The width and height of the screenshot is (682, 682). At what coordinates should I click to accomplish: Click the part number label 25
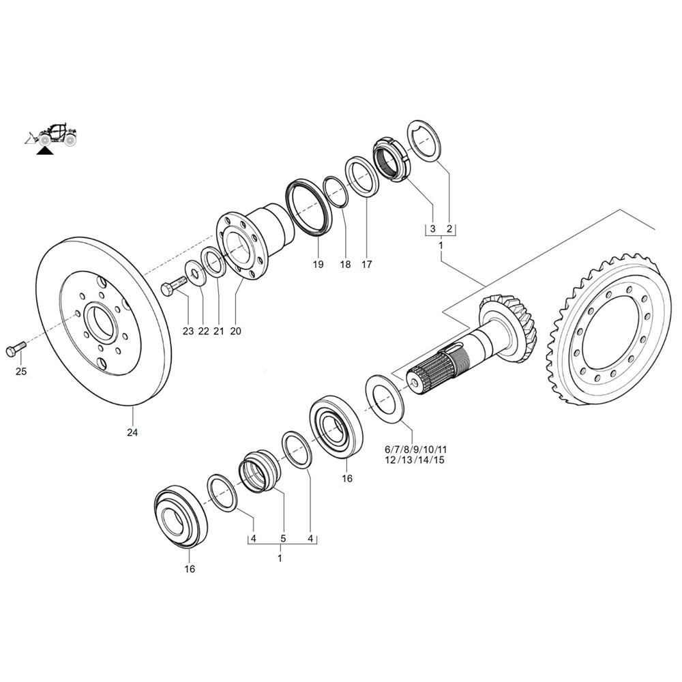tap(21, 372)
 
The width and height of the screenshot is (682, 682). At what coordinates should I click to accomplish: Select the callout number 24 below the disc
tap(132, 432)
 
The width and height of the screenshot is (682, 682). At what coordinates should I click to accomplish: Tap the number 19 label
tap(318, 264)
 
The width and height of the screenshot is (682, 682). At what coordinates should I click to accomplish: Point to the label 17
tap(367, 264)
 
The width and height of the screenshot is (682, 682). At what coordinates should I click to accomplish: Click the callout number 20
tap(235, 331)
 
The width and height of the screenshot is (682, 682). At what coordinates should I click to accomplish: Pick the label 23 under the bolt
tap(188, 331)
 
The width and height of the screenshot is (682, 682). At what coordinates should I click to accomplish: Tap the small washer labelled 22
tap(194, 273)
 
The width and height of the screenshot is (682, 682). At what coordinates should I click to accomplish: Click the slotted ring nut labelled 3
tap(391, 159)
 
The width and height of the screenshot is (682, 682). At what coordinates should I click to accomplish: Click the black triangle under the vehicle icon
tap(44, 151)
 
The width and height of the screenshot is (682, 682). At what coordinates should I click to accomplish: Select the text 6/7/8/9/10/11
tap(416, 449)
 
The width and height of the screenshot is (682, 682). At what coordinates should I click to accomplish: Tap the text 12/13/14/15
tap(415, 460)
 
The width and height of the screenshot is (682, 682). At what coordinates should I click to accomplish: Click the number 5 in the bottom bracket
tap(283, 539)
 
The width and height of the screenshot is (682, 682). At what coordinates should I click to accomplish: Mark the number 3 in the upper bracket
tap(432, 228)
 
